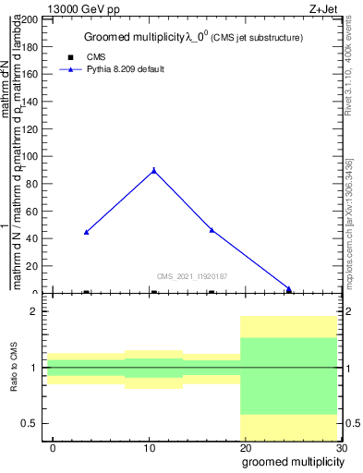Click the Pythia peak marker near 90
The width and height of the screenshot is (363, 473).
153,170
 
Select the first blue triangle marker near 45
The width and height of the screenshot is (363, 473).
86,232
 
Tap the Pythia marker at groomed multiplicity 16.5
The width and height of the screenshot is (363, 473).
212,230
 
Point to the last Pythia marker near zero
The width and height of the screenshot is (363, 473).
288,289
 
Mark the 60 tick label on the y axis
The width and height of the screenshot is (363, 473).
30,212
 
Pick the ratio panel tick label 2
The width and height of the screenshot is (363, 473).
34,311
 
